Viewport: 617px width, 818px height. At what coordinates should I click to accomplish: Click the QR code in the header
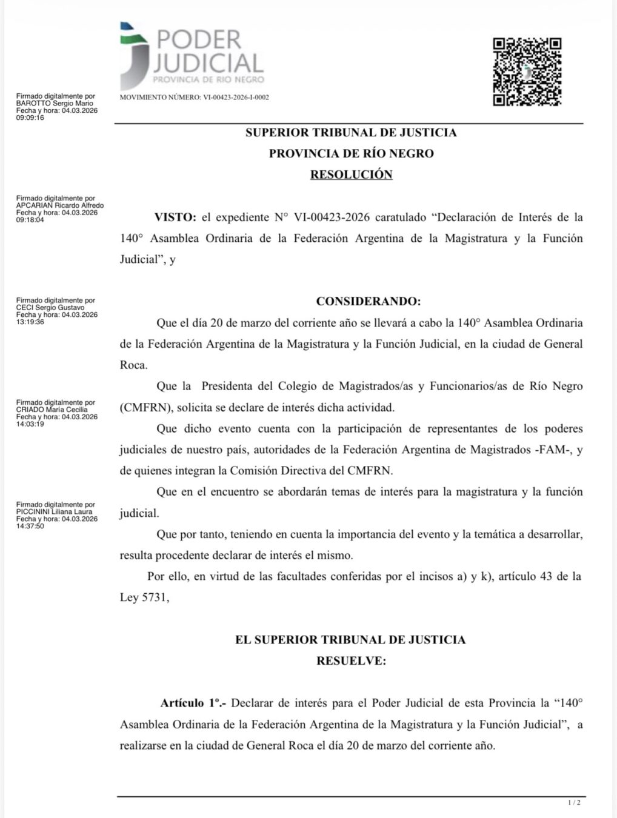pos(527,71)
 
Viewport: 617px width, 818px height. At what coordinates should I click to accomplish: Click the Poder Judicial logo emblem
pos(134,55)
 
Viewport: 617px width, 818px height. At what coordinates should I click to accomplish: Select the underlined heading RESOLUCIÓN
pos(351,175)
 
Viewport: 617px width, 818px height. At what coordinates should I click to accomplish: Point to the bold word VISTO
pos(175,217)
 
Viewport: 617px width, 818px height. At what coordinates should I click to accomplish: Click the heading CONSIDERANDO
pos(368,301)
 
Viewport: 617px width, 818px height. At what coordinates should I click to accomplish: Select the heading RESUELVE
pos(351,660)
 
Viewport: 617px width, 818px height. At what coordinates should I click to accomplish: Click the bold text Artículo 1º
pos(193,703)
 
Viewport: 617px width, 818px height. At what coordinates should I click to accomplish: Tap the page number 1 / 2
pos(574,803)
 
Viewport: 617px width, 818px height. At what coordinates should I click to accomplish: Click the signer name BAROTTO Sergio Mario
pos(55,104)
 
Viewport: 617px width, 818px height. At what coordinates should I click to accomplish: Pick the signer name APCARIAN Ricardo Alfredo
pos(60,205)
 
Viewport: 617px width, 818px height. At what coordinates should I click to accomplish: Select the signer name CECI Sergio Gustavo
pos(52,308)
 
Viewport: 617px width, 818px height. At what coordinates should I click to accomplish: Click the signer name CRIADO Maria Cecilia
pos(52,410)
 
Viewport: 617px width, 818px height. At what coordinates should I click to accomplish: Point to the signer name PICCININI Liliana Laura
pos(55,512)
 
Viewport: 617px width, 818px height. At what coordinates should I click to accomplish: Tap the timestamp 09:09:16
pos(30,118)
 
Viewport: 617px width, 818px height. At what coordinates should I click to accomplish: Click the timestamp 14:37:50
pos(30,526)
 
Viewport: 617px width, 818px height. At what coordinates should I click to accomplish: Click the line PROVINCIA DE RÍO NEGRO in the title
pos(351,153)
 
